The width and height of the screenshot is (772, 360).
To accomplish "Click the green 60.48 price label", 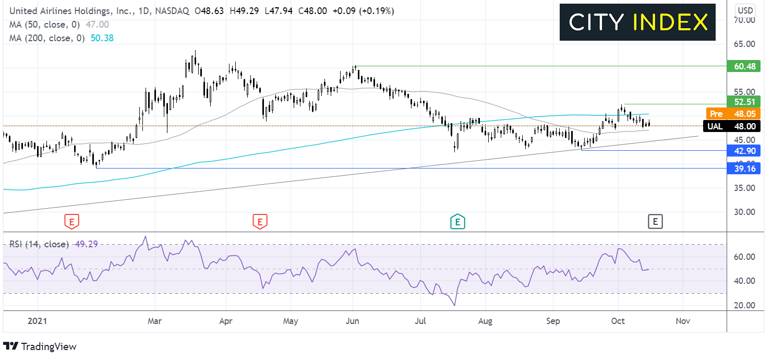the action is coord(743,66).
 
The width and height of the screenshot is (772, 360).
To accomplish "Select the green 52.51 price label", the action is coord(743,102).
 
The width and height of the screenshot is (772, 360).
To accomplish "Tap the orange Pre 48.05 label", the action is coord(732,114).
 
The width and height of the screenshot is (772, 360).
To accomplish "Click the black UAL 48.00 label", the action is coord(731,126).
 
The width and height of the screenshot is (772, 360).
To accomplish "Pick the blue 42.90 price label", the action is coord(743,151).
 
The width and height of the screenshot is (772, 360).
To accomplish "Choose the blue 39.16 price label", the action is coord(743,169).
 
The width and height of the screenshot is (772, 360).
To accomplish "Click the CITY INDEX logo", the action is coord(637,22).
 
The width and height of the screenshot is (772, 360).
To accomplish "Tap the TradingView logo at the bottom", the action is coord(40,346).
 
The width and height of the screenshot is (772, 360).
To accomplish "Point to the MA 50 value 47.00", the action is coord(97,25).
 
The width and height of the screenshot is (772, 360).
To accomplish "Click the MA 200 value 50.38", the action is coord(102,38).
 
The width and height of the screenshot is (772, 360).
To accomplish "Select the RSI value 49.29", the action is coord(86,244).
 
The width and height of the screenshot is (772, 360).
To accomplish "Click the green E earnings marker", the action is coord(457,221).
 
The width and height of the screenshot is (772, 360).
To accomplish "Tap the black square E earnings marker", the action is coord(655,222).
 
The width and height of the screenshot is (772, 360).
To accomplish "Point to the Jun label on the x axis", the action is coord(352,321).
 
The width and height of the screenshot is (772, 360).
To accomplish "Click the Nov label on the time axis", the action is coord(683,321).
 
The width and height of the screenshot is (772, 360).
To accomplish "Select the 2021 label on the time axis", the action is coord(37,321).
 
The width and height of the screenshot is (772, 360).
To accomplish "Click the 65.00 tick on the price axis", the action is coord(744,44).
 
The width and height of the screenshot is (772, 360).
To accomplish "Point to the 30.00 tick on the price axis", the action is coord(744,212).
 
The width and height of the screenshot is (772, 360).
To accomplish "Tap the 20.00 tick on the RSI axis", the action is coord(744,305).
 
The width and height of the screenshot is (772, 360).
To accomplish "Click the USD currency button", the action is coord(745,10).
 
